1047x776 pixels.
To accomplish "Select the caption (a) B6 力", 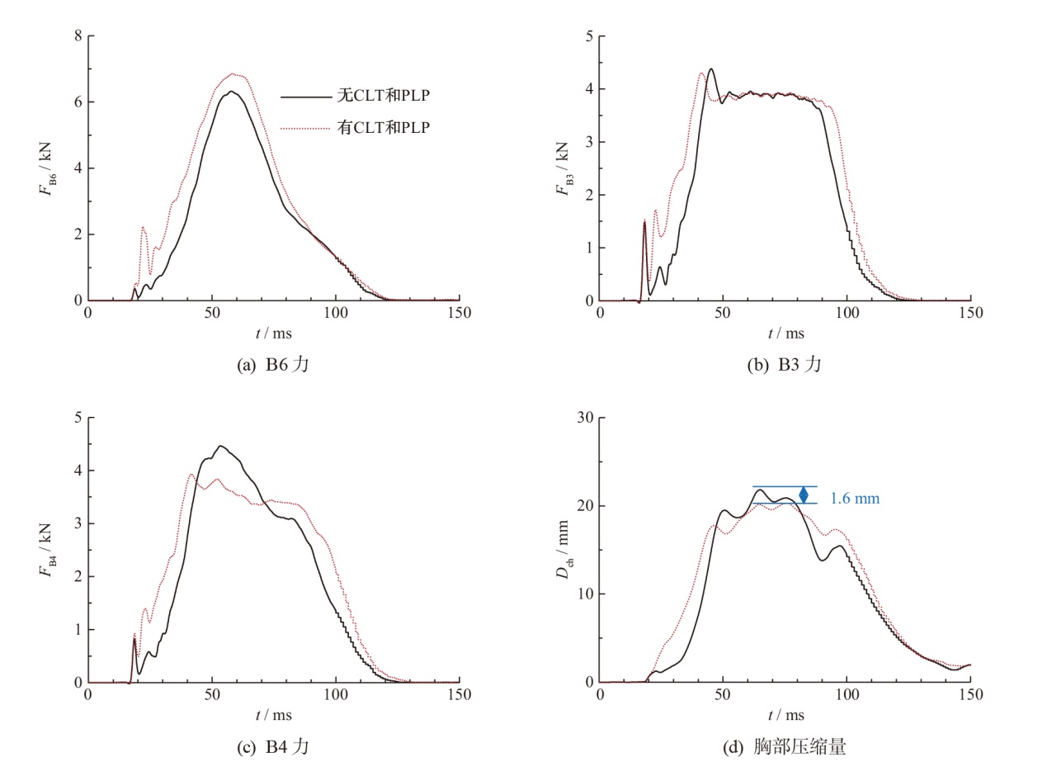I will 273,364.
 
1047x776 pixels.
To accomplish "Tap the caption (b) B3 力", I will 785,364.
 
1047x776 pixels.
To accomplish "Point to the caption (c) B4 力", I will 273,747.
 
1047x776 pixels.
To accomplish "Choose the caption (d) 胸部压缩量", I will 785,747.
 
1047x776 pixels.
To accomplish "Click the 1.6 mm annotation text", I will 855,499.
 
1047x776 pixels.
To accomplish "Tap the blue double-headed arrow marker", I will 804,495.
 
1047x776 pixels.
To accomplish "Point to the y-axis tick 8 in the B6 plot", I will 77,36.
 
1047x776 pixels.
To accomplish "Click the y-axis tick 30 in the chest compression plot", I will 585,418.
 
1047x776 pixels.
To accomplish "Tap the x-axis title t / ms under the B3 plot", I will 785,334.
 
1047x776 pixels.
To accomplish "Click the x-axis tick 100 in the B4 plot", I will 336,695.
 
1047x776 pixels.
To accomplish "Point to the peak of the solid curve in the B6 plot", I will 232,91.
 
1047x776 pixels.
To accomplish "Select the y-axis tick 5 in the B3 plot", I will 589,36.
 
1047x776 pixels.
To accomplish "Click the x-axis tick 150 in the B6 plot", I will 459,314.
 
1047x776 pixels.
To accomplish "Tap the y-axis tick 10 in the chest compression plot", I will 585,594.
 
